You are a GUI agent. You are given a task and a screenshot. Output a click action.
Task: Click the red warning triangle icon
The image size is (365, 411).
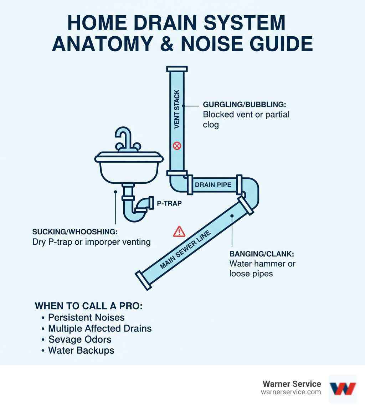pos(179,232)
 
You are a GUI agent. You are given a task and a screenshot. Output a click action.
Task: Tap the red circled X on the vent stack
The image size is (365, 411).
pos(177,145)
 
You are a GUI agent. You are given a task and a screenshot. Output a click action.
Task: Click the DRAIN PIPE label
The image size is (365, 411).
pos(213,185)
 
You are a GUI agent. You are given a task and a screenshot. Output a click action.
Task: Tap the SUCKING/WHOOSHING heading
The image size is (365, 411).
pos(75,231)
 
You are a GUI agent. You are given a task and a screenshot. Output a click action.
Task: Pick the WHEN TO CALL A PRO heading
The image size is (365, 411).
pos(88,306)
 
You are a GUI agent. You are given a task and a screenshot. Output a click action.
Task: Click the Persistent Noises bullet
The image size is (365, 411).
pos(86,317)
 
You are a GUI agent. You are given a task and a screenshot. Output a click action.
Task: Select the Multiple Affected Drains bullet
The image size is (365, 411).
pos(100,328)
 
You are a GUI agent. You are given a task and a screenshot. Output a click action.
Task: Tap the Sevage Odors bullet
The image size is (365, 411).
pos(79,339)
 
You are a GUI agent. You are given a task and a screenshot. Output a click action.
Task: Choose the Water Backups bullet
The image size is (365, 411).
pos(81,350)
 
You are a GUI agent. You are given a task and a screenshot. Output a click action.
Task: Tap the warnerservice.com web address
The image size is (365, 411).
pos(291,392)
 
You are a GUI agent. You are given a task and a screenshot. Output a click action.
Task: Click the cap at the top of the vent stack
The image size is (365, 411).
pos(177,69)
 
